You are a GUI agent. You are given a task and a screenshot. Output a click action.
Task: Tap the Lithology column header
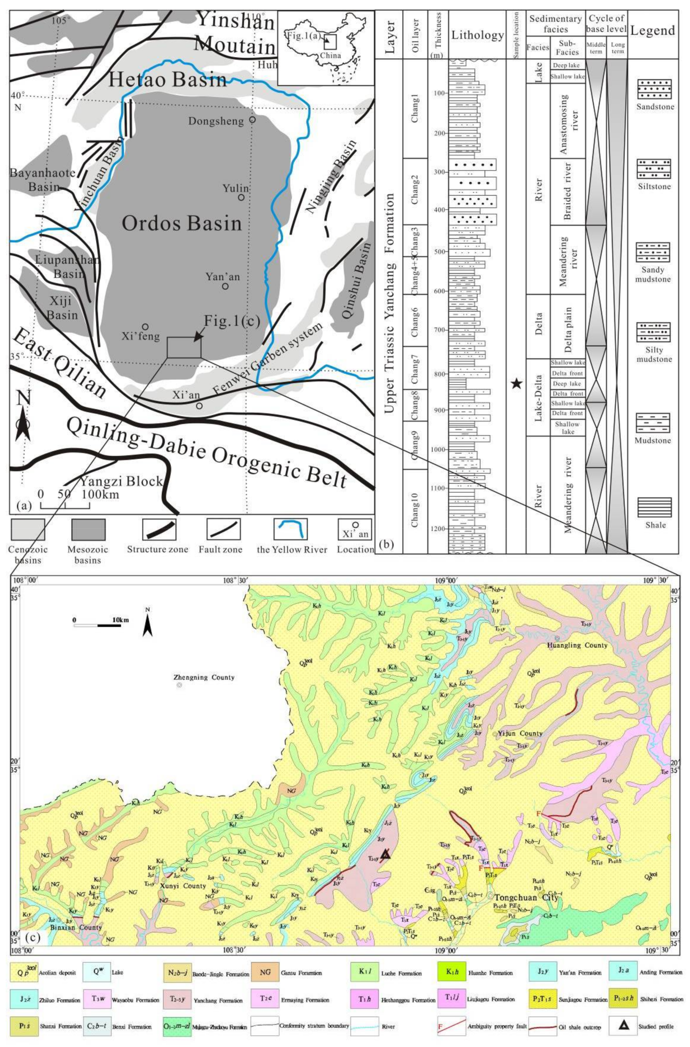[477, 35]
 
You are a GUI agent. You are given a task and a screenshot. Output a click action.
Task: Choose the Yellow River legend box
[291, 529]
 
